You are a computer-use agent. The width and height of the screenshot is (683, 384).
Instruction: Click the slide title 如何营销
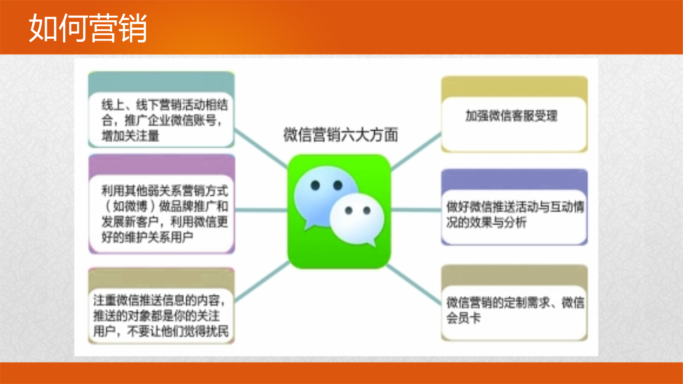coord(88,28)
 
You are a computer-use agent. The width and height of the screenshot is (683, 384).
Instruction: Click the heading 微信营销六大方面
coord(341,134)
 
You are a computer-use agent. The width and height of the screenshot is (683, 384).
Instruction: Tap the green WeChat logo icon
coord(339,211)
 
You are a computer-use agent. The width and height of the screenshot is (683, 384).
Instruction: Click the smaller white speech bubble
coord(357,219)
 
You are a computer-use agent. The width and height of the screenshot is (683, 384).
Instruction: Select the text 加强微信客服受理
coord(511,116)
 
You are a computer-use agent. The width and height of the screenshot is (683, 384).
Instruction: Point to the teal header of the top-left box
coord(161,82)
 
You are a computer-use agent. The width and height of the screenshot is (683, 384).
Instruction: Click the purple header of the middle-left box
coord(161,165)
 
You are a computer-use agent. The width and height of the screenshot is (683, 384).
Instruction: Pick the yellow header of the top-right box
coord(514,87)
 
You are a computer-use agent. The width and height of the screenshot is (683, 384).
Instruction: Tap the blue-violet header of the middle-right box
coord(514,180)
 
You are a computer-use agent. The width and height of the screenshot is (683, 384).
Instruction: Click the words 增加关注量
coord(130,136)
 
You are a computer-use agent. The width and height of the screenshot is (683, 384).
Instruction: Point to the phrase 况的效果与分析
coord(486,222)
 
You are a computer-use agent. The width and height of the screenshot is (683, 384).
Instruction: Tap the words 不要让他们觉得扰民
coord(178,331)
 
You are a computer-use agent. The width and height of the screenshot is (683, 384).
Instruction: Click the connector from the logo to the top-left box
coord(261,149)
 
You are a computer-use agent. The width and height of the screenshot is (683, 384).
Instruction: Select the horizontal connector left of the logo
coord(261,210)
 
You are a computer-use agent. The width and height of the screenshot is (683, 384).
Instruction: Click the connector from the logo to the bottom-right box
coord(414,285)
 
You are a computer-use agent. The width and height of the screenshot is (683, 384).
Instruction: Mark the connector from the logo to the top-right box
coord(416,151)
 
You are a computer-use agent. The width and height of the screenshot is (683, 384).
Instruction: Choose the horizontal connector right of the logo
coord(416,210)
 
